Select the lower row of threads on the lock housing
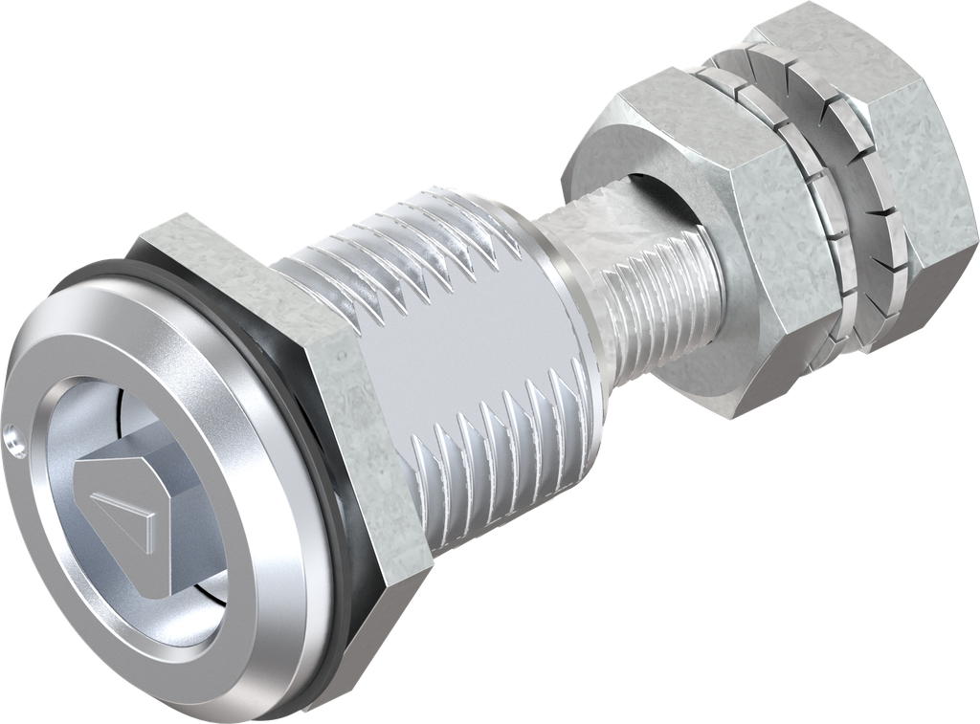click(x=498, y=430)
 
